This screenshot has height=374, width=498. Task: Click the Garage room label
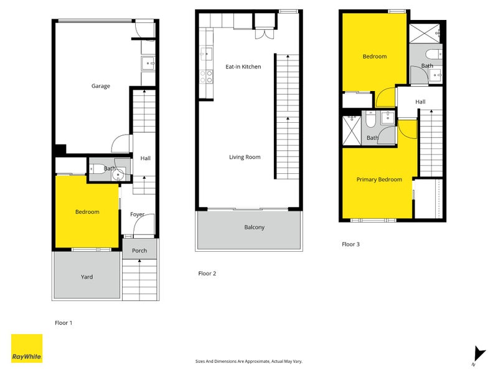click(x=101, y=86)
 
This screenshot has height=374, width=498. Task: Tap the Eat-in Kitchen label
click(x=243, y=67)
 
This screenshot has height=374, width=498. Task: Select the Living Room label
click(x=245, y=157)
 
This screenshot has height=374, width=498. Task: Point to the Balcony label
click(x=254, y=228)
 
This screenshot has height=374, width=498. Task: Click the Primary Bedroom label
click(x=379, y=180)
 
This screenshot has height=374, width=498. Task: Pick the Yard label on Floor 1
click(x=87, y=277)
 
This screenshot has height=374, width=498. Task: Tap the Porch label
click(x=139, y=251)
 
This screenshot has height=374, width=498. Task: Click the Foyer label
click(x=137, y=214)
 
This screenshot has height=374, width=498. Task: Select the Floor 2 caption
click(x=207, y=273)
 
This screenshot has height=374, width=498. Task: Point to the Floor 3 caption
click(x=351, y=244)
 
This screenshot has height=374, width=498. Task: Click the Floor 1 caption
click(x=64, y=323)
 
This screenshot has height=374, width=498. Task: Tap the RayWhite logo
click(x=27, y=348)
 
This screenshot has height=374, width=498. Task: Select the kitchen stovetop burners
click(x=205, y=77)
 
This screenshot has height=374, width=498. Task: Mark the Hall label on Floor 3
click(x=421, y=102)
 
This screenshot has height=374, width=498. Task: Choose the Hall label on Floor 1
click(x=145, y=158)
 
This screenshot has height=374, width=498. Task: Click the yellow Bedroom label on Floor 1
click(x=87, y=212)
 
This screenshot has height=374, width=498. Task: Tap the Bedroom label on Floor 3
click(x=375, y=56)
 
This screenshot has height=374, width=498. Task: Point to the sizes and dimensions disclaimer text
click(x=249, y=361)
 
